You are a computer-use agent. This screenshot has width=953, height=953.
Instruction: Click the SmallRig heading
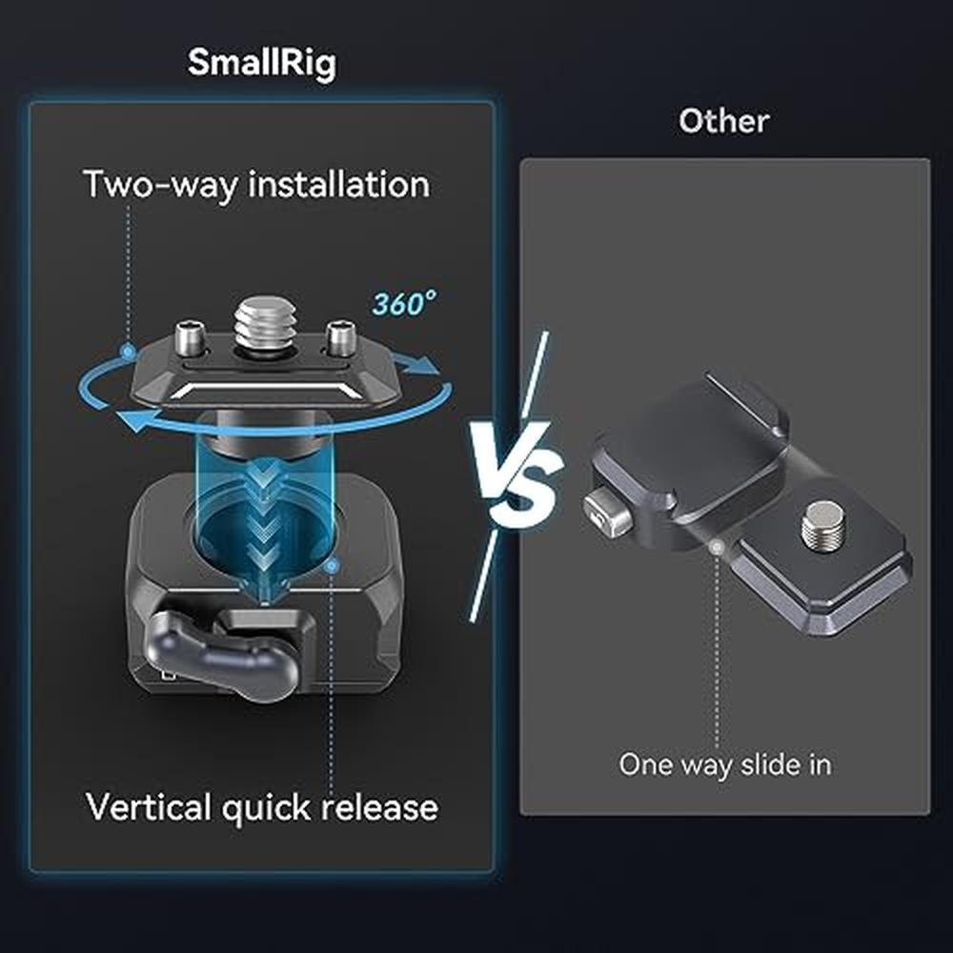pyautogui.click(x=262, y=63)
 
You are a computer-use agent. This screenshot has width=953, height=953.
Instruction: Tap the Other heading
pyautogui.click(x=723, y=120)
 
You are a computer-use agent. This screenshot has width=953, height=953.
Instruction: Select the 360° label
pyautogui.click(x=403, y=303)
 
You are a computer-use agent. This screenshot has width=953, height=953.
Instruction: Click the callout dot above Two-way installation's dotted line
pyautogui.click(x=128, y=351)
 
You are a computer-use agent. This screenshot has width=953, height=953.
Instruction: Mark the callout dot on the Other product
pyautogui.click(x=718, y=548)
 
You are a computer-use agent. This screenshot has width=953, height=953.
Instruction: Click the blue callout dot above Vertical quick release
pyautogui.click(x=332, y=567)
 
